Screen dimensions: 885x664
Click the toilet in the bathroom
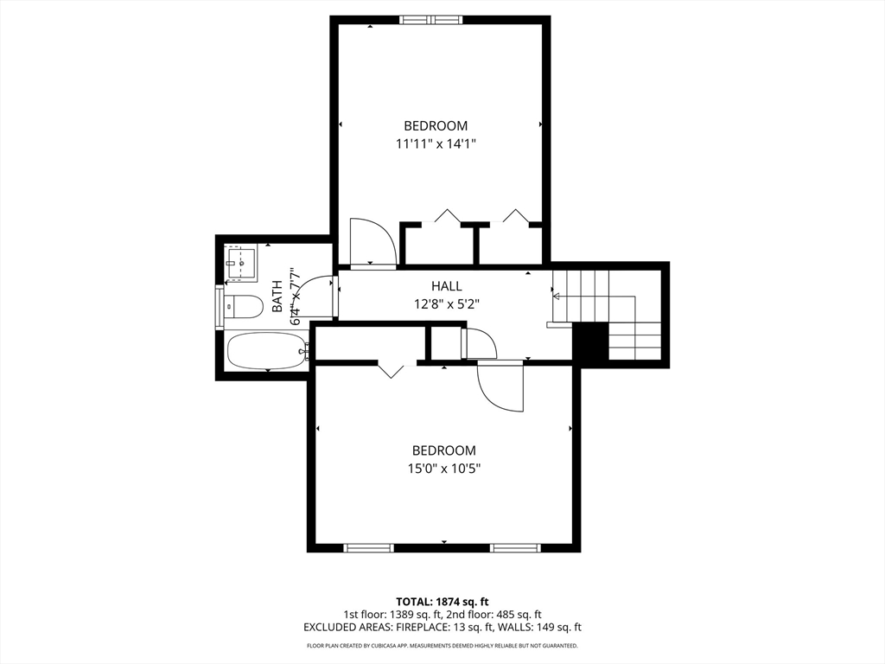click(244, 308)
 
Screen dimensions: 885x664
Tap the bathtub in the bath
click(266, 351)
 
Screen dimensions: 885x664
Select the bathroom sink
click(242, 263)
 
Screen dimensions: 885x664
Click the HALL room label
click(447, 286)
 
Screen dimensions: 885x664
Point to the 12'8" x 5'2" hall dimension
click(447, 304)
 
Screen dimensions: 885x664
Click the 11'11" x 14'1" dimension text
click(436, 144)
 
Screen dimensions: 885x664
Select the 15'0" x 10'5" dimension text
click(443, 469)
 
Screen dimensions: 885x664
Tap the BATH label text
click(277, 297)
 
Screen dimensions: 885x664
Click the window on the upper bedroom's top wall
click(430, 21)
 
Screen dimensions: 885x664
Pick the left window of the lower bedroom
click(368, 547)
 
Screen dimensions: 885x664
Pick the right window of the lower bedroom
click(515, 547)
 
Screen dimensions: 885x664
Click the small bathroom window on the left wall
click(219, 307)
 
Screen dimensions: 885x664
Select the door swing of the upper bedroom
click(372, 242)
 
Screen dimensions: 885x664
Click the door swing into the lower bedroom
click(500, 387)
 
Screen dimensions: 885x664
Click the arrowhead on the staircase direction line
click(556, 296)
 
